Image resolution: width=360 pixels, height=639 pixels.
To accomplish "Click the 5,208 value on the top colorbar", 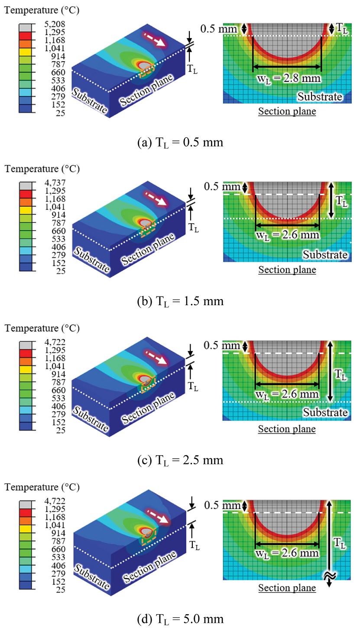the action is coord(55,24).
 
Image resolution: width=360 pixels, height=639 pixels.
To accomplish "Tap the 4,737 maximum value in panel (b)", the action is coord(55,183).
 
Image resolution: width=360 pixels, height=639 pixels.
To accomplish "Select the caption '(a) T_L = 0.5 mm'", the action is coord(180,143).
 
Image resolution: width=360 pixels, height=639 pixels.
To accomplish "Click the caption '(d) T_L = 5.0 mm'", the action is coord(180,619).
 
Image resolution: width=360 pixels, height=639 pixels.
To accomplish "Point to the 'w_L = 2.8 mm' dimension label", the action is coord(289,79).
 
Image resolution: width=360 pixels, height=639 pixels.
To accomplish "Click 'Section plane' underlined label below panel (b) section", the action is coord(287,270).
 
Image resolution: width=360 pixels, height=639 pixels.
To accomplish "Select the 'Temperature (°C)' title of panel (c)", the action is coord(42,328).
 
